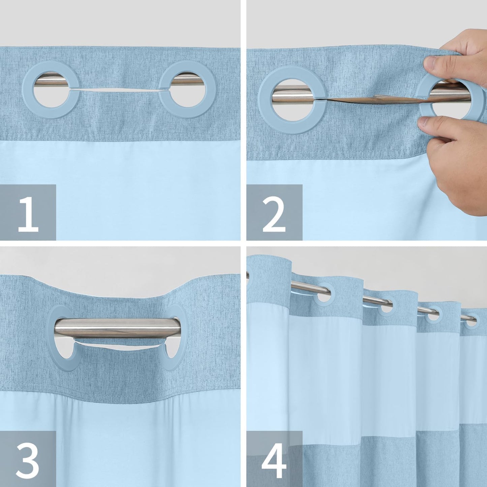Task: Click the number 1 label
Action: click(x=28, y=212)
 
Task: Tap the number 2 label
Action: click(x=274, y=212)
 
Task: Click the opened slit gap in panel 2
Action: click(x=371, y=98)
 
